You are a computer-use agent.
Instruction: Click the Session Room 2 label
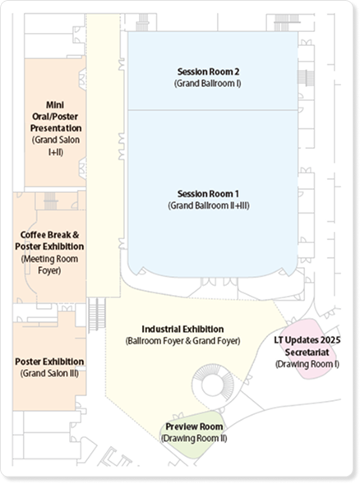tap(208, 71)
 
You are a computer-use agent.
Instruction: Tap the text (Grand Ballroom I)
tap(207, 83)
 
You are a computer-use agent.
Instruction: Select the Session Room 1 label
tap(208, 194)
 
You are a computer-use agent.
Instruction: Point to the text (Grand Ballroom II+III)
tap(209, 205)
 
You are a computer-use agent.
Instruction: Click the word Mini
tap(55, 105)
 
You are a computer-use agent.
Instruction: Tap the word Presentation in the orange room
tap(56, 128)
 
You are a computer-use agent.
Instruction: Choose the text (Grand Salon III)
tap(49, 373)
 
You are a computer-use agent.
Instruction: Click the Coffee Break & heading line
tap(49, 235)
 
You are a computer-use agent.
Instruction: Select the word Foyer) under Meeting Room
tap(49, 270)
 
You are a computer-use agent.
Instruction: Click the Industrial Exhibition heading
tap(182, 329)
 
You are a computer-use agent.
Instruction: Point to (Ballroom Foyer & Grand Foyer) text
tap(182, 341)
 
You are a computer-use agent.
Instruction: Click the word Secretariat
tap(307, 353)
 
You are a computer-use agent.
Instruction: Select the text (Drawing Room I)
tap(307, 364)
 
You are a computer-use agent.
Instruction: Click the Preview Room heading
tap(194, 426)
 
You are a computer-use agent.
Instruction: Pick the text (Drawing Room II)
tap(194, 438)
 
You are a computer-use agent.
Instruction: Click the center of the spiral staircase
tap(212, 385)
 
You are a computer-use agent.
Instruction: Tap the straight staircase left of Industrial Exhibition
tap(97, 315)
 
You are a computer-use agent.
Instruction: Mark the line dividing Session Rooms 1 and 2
tap(213, 109)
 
